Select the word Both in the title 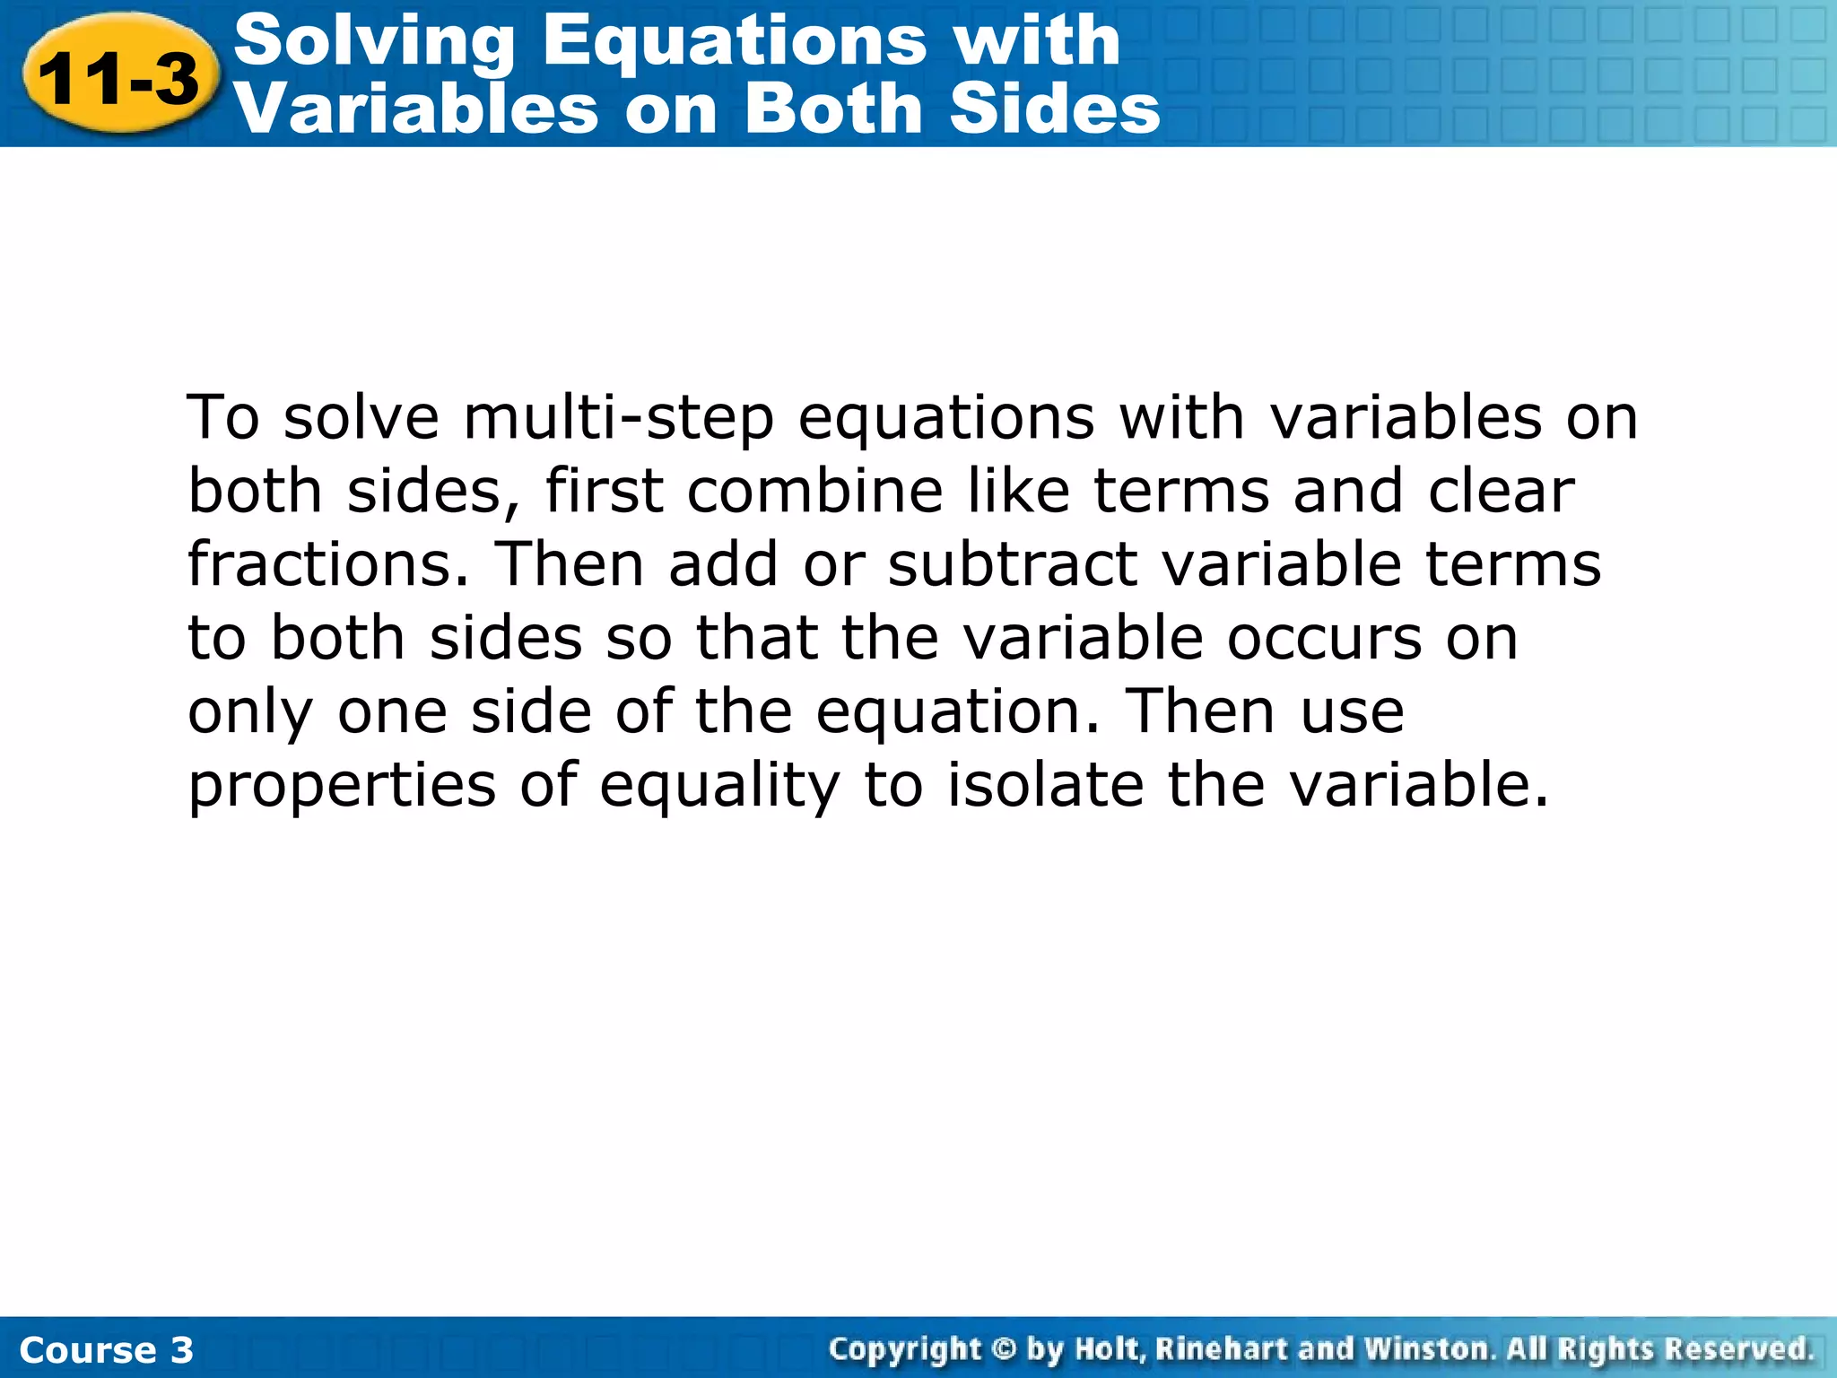(x=838, y=109)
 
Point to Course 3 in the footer (x=106, y=1350)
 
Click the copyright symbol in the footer (x=1004, y=1349)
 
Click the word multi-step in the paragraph (x=618, y=418)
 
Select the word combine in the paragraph (x=815, y=492)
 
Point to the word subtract (x=1013, y=565)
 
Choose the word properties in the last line (x=342, y=786)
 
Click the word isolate (x=1045, y=786)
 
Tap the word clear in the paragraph (x=1501, y=492)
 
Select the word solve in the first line (x=361, y=418)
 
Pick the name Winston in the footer (x=1427, y=1349)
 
